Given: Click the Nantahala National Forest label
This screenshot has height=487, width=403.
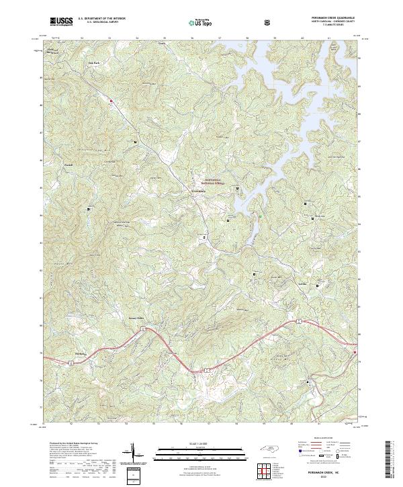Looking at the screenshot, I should pyautogui.click(x=217, y=180).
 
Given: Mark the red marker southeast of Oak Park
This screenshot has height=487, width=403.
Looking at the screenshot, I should pyautogui.click(x=111, y=101).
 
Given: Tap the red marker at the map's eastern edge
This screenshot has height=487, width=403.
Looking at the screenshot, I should pyautogui.click(x=355, y=353).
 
